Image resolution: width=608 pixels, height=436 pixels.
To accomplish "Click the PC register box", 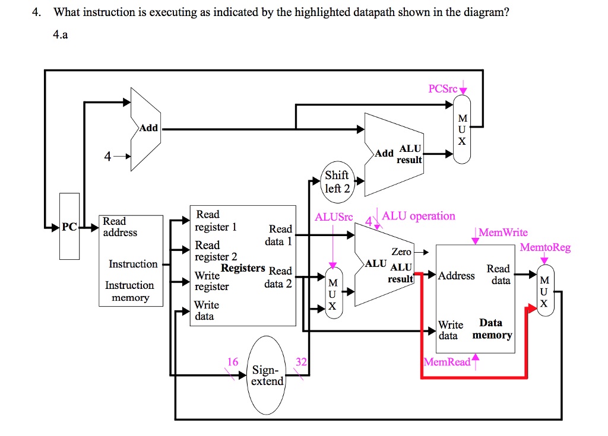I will click(69, 226).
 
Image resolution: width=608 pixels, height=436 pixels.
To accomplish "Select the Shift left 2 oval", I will click(337, 182).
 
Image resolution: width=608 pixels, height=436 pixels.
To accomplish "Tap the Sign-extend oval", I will click(267, 375).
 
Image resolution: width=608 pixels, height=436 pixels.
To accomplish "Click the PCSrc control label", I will click(443, 88).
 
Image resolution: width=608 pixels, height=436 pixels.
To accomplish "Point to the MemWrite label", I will click(502, 233).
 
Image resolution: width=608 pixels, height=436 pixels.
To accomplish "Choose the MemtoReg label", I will click(545, 247).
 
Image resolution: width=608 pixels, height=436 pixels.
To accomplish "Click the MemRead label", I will click(446, 361).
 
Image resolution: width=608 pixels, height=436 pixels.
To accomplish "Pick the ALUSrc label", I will click(334, 217).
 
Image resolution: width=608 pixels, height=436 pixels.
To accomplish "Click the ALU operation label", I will click(419, 216).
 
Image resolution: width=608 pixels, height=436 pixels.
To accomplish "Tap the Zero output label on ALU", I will click(401, 252).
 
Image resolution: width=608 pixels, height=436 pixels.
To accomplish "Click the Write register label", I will click(212, 281).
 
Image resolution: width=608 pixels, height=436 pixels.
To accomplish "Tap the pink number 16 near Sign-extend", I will click(233, 362).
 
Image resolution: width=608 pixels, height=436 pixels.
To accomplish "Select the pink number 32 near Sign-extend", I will click(301, 362).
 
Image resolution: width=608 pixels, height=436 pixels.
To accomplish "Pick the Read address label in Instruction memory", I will click(120, 227).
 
